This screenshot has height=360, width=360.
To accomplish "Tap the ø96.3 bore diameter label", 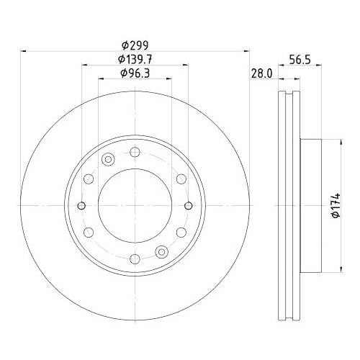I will pos(135,73).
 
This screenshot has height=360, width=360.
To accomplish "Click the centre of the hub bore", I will pos(135,205).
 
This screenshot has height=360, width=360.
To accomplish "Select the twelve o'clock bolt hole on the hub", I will pos(135,152).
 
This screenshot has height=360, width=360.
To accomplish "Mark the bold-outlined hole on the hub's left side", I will pos(82,205).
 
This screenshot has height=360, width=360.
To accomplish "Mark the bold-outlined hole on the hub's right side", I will pos(189,205).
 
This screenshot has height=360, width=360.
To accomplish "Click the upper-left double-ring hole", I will pos(109,159).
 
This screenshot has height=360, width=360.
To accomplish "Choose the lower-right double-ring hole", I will pos(162,251).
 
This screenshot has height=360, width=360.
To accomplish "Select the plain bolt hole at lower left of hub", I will pos(89,233).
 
